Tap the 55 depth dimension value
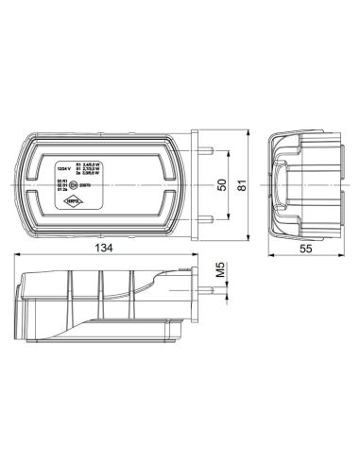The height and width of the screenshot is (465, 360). (302, 248)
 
